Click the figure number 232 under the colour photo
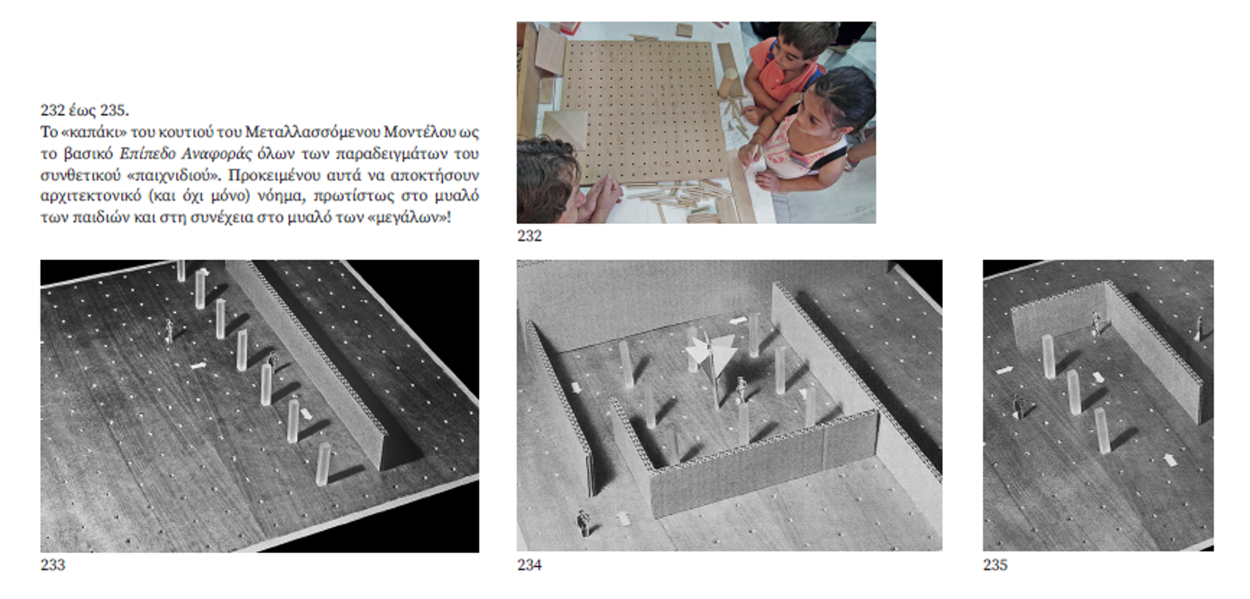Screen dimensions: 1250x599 click(529, 236)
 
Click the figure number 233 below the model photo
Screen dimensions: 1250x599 click(52, 565)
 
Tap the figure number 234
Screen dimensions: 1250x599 click(529, 565)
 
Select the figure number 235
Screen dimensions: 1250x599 click(995, 565)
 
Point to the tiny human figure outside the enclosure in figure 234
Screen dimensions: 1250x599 click(583, 522)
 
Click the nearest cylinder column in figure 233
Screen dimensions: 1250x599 click(323, 465)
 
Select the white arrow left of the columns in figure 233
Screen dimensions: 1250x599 click(198, 365)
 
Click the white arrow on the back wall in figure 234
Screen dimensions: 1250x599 click(738, 321)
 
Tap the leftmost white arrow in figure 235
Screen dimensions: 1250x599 click(1005, 370)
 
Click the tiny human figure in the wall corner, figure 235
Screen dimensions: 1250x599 click(1096, 323)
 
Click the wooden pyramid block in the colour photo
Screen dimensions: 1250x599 click(565, 128)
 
